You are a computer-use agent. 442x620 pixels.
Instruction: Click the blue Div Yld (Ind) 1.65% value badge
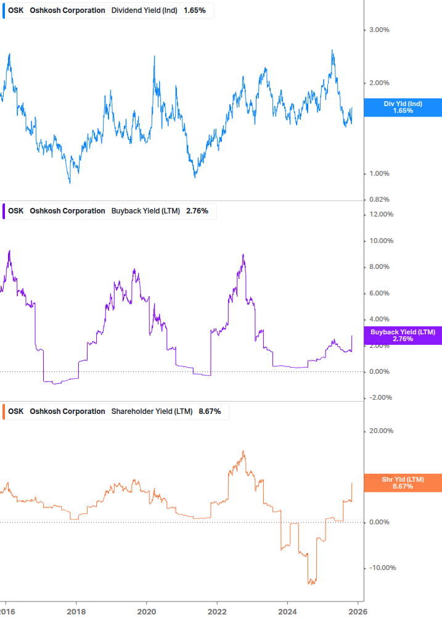coord(403,107)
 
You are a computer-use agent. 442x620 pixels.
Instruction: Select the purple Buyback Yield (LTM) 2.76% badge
coord(403,336)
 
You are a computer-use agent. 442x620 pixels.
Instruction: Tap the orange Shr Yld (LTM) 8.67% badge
coord(403,483)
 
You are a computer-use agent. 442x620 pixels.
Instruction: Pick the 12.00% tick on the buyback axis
coord(381,215)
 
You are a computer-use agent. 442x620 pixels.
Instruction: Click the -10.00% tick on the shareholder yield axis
coord(380,568)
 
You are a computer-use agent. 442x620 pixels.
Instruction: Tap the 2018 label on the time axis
coord(76,611)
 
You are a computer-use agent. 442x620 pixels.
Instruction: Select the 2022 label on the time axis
coord(217,611)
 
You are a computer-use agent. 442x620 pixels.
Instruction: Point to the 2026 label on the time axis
coord(358,611)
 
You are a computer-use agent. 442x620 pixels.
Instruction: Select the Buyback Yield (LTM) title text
coord(145,211)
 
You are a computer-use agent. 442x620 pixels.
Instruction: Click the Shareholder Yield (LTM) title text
coord(152,411)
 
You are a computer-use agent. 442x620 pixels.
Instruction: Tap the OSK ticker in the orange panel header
coord(16,411)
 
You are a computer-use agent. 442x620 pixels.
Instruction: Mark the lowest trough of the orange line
coord(311,583)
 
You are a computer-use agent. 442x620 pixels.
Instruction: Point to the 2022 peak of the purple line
coord(244,255)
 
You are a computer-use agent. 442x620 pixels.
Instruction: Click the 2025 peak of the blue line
coord(332,50)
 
